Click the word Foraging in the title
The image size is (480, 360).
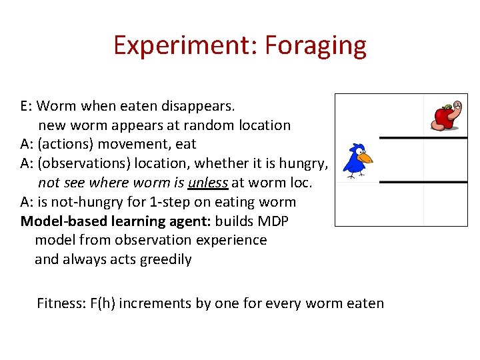pos(315,46)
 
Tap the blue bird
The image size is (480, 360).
pos(356,161)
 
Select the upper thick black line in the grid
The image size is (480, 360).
pos(423,138)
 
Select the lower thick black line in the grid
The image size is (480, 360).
pos(423,181)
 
